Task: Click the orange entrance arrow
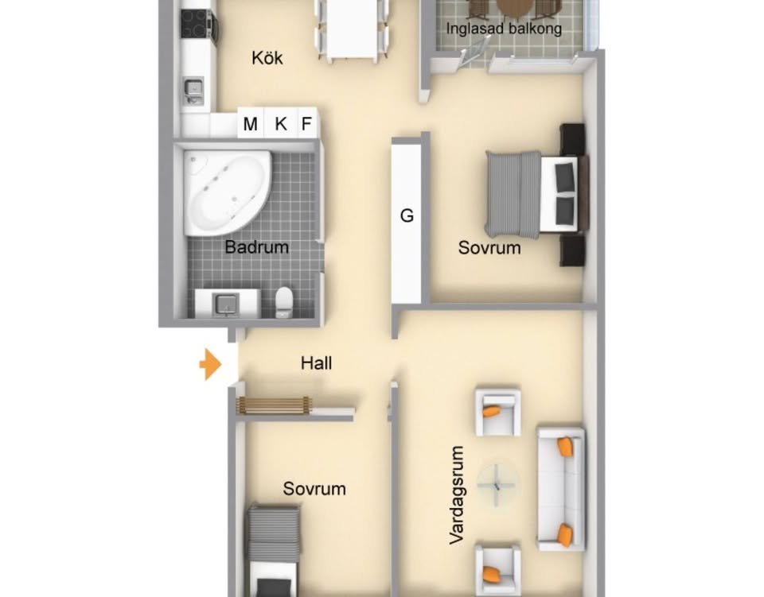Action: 211,364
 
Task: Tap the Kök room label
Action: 267,58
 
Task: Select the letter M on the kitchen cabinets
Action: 251,124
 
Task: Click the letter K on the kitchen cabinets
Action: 281,124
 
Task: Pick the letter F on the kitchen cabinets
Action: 306,124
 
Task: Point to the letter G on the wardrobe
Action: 407,215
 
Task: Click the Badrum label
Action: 257,247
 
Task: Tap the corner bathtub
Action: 227,192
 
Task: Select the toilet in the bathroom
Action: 283,300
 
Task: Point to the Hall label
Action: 316,363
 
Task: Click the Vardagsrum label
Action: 457,494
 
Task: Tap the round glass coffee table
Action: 497,484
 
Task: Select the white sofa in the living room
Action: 560,489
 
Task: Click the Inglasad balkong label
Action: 504,28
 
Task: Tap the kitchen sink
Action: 193,91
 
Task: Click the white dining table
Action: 353,29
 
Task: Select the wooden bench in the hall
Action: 274,405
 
